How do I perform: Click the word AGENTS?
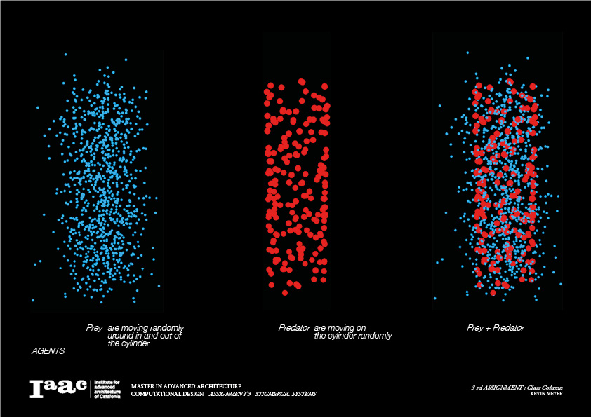click(x=48, y=350)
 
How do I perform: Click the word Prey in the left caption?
click(x=94, y=327)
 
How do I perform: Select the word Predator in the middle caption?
click(x=294, y=327)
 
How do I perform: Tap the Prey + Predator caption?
click(x=496, y=327)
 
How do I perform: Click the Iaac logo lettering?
click(x=58, y=388)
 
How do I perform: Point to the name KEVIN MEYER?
click(x=547, y=394)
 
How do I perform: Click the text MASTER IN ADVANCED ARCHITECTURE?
click(x=186, y=385)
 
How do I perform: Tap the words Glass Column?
click(x=547, y=387)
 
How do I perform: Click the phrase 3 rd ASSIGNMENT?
click(x=499, y=387)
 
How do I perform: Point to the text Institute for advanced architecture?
click(x=107, y=385)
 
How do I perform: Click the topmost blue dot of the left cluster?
click(x=65, y=54)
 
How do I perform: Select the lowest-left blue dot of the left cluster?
click(x=33, y=300)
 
